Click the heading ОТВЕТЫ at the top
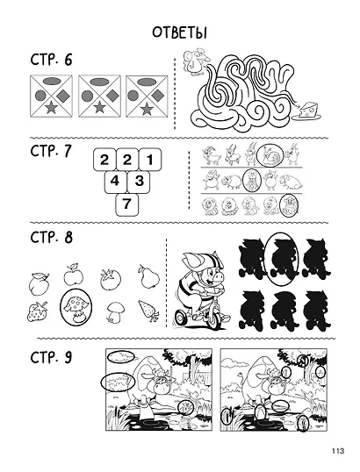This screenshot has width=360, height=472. point(179,32)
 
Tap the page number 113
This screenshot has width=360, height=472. point(338,451)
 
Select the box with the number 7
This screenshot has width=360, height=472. point(126,204)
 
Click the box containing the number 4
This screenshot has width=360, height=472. point(115,182)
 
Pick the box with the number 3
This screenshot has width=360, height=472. point(139,182)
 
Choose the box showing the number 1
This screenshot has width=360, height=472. point(150,160)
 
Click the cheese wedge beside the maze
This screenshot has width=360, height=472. point(309,111)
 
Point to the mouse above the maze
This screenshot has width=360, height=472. point(195,61)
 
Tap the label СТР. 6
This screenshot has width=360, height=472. point(51,60)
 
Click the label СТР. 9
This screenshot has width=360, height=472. point(51,358)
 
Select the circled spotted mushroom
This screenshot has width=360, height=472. point(76,307)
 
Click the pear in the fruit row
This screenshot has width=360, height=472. point(148,276)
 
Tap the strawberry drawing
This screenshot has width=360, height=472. point(38,311)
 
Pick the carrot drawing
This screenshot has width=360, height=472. point(149,311)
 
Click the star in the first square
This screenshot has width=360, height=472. point(52,107)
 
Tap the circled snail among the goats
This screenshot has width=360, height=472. point(270,155)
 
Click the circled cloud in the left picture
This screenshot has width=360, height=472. point(120,356)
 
